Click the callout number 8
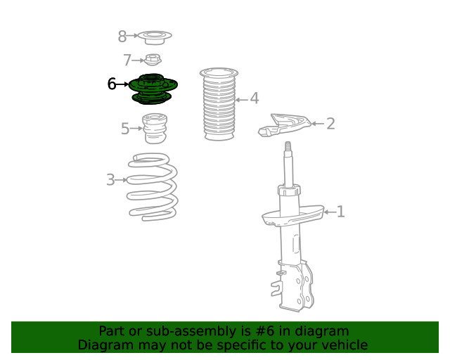click(122, 37)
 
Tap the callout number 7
click(127, 60)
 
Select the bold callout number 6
click(112, 84)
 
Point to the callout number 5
click(125, 129)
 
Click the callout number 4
click(255, 98)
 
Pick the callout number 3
click(110, 180)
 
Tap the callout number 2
click(330, 124)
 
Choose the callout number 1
click(340, 212)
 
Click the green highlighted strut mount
click(153, 89)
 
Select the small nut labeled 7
click(153, 60)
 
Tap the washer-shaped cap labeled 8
click(155, 37)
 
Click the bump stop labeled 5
click(155, 129)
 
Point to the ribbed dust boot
click(219, 104)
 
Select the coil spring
click(153, 187)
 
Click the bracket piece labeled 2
click(284, 125)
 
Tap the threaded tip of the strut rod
click(288, 146)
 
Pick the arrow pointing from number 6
click(122, 84)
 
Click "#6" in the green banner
click(264, 331)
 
